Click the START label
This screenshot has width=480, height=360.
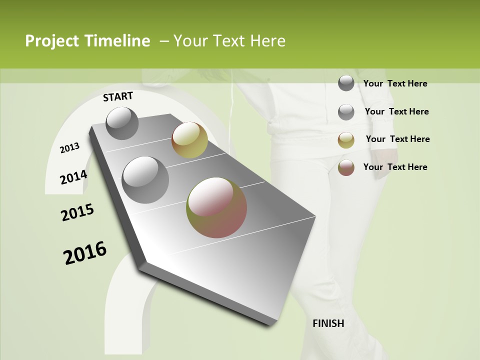tap(118, 96)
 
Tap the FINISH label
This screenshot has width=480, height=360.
tap(328, 323)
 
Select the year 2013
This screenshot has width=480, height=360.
tap(70, 147)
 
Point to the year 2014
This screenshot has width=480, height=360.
tap(74, 177)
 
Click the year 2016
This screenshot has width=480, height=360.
tap(85, 253)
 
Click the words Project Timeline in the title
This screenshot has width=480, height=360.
tap(87, 41)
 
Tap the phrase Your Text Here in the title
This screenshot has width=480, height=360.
tap(229, 41)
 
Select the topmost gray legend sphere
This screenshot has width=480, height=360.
tap(346, 83)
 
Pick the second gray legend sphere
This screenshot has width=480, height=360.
tap(346, 112)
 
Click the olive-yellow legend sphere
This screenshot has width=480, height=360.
tap(346, 140)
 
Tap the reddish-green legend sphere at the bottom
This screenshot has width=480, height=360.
tap(346, 167)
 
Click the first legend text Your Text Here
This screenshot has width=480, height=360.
tap(395, 83)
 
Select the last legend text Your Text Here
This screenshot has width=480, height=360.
tap(395, 167)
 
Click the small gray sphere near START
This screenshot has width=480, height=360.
tap(122, 123)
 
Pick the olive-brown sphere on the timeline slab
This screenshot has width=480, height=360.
tap(189, 140)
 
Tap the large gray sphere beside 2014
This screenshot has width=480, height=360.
tap(145, 179)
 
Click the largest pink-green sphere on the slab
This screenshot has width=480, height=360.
tap(216, 207)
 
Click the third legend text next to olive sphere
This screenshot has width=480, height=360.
tap(397, 139)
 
